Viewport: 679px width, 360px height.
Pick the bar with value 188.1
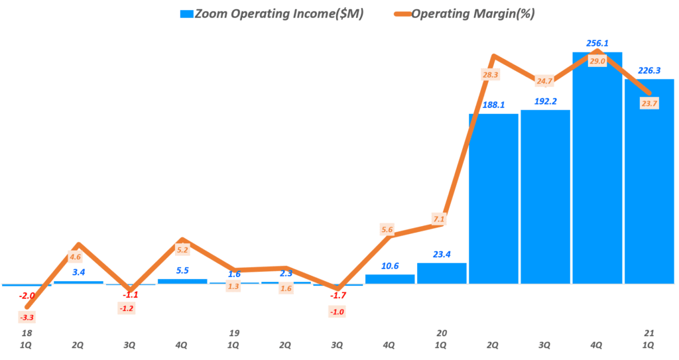pyautogui.click(x=493, y=199)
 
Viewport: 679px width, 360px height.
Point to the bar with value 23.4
pyautogui.click(x=442, y=273)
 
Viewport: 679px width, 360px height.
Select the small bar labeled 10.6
pyautogui.click(x=390, y=279)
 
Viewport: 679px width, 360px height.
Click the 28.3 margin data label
pyautogui.click(x=491, y=75)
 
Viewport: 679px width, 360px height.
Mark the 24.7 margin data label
pyautogui.click(x=544, y=82)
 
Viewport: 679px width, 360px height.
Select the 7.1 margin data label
pyautogui.click(x=438, y=218)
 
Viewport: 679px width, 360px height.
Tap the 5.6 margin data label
pyautogui.click(x=388, y=229)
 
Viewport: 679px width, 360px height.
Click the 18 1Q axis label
pyautogui.click(x=27, y=339)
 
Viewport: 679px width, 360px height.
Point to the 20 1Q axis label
pyautogui.click(x=441, y=339)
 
